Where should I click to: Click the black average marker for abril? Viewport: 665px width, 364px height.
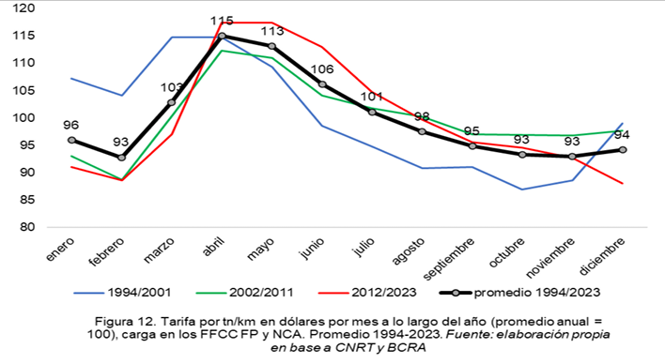[x=222, y=36]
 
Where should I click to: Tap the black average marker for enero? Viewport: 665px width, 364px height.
[x=71, y=140]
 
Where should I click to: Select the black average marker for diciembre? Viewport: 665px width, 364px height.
[x=623, y=149]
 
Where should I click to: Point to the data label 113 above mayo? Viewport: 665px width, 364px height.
[x=271, y=31]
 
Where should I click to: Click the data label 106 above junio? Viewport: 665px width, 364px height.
[x=322, y=69]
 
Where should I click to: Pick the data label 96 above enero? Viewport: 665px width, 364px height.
[x=70, y=125]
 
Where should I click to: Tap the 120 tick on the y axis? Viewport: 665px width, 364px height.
[x=23, y=8]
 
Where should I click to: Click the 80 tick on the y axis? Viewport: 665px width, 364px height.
[x=27, y=227]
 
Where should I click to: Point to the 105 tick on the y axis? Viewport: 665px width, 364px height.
[x=23, y=90]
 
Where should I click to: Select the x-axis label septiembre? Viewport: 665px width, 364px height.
[x=449, y=259]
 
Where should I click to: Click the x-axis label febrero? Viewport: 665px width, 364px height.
[x=107, y=251]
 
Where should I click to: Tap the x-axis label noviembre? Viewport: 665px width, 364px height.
[x=550, y=257]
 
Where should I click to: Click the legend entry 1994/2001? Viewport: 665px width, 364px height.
[x=122, y=293]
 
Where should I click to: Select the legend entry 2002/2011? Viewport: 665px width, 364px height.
[x=245, y=293]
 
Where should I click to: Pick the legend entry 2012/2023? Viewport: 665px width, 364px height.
[x=367, y=293]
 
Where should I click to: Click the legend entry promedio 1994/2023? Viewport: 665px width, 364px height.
[x=520, y=293]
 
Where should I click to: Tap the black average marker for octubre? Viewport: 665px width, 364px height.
[x=522, y=155]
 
